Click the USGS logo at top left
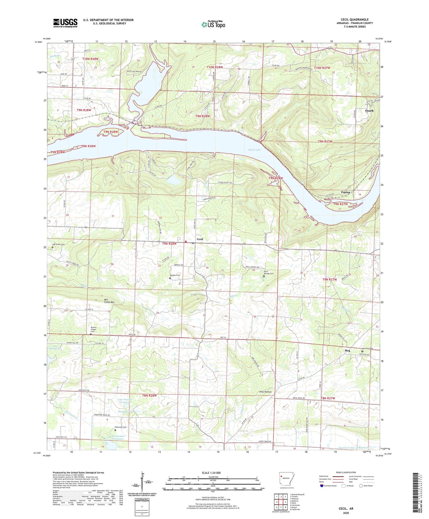coord(65,23)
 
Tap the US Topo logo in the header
coord(213,25)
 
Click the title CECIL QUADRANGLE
coord(355,20)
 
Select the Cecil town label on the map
coord(200,239)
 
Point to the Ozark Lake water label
coord(254,150)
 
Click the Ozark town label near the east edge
coord(369,111)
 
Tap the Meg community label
coord(347,351)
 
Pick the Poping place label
coord(346,192)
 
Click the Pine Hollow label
coord(265,392)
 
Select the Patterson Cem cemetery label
coord(121,427)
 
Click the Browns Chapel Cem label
coord(94,329)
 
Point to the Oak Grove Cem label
coord(58,244)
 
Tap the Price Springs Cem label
coord(268,272)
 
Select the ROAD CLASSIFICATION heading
coord(346,472)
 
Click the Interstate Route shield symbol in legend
coord(322,486)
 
